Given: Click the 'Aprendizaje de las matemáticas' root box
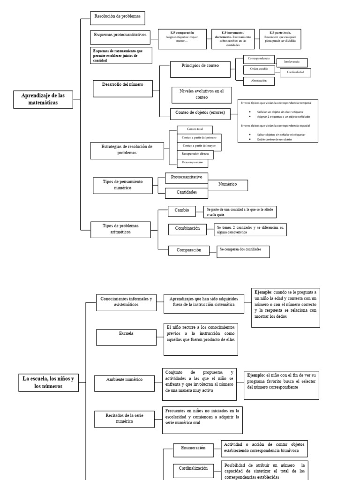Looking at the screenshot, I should click(x=43, y=99).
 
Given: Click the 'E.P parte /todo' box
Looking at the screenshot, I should click(x=280, y=39).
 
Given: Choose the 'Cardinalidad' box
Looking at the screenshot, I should click(x=295, y=72).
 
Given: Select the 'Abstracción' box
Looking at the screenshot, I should click(x=258, y=81).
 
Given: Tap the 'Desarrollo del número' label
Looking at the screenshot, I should click(x=122, y=84).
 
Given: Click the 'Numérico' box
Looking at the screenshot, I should click(x=227, y=185).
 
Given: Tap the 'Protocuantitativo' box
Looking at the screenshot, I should click(x=186, y=178).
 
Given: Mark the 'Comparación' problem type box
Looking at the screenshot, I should click(x=189, y=250).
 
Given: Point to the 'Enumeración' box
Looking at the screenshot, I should click(x=193, y=448).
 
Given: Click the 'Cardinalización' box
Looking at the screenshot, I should click(x=193, y=468).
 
